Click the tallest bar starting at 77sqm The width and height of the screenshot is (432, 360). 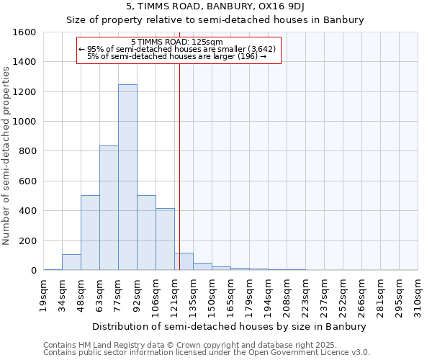[127, 177]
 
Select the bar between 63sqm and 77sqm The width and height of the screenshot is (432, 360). [109, 208]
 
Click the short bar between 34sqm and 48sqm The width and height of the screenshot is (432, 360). [71, 262]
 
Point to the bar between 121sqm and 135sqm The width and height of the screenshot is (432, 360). [184, 262]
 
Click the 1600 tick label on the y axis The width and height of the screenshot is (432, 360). [24, 32]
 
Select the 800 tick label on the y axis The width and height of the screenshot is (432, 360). [27, 151]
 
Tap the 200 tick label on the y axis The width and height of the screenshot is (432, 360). [27, 240]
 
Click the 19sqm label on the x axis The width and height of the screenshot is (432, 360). [44, 293]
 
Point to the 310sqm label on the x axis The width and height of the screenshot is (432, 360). [418, 294]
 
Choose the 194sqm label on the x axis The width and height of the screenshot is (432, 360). [269, 294]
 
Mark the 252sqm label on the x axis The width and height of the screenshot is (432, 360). [343, 294]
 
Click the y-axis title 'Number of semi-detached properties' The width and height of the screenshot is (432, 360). [7, 151]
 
